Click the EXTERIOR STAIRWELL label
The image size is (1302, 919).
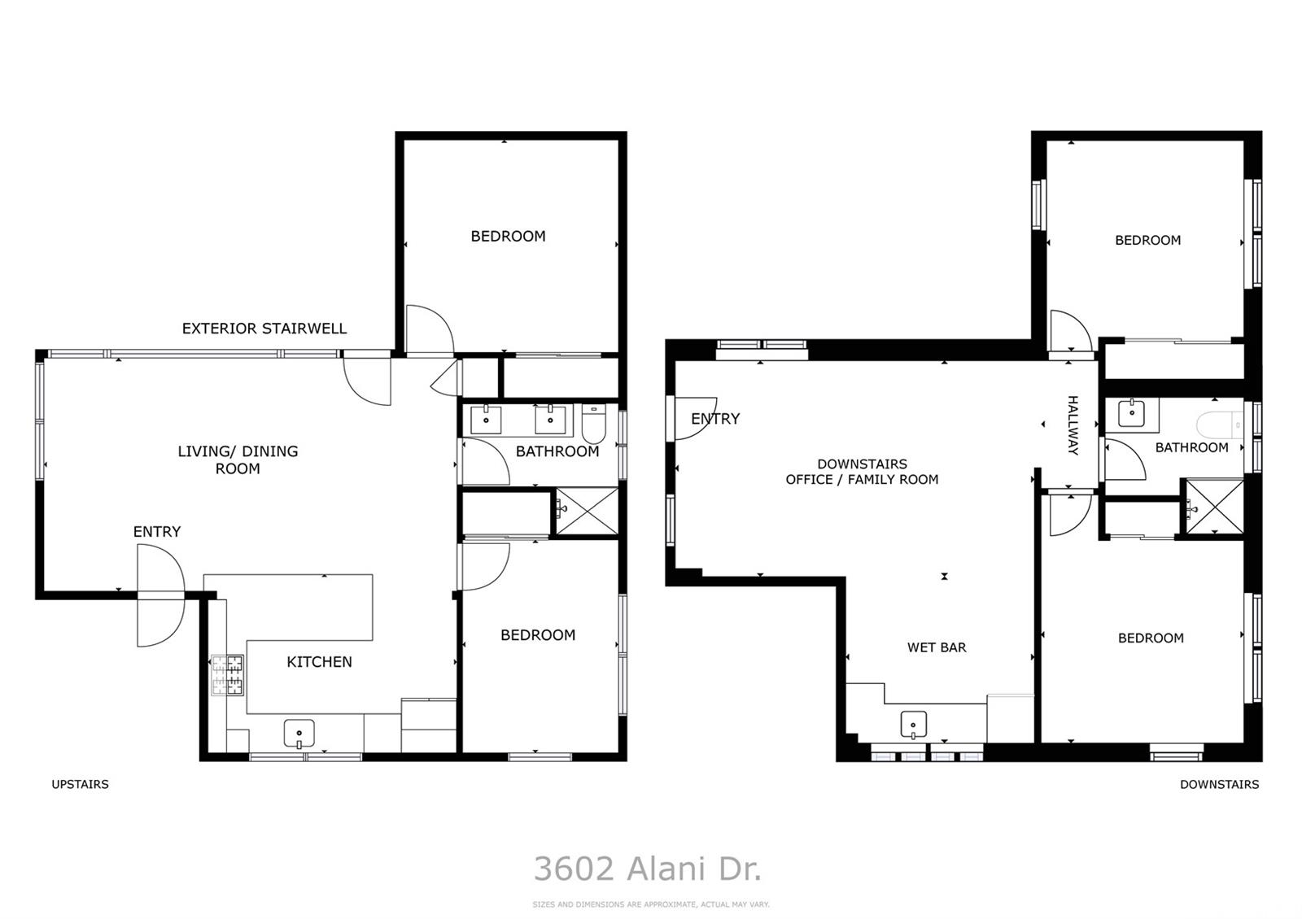[x=264, y=329]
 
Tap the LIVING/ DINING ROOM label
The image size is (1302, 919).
[x=238, y=459]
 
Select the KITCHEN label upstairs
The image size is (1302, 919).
[x=319, y=662]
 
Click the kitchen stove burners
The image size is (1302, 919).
[x=228, y=675]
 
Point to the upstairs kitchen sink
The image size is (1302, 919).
[x=299, y=734]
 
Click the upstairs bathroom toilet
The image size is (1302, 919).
[x=593, y=423]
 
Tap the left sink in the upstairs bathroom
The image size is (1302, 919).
[x=486, y=420]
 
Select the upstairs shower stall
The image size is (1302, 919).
[x=587, y=512]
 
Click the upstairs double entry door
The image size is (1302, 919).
[x=160, y=596]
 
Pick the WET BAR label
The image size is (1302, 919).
[x=937, y=647]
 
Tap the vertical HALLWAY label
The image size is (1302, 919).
[x=1073, y=425]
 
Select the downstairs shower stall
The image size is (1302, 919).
[x=1213, y=509]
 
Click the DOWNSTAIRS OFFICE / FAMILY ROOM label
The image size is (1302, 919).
[x=862, y=472]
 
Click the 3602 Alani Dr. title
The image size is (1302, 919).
[x=648, y=869]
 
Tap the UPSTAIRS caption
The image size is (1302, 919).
[x=80, y=784]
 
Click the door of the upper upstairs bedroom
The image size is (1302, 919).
[x=430, y=329]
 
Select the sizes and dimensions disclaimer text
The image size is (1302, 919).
[x=650, y=904]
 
